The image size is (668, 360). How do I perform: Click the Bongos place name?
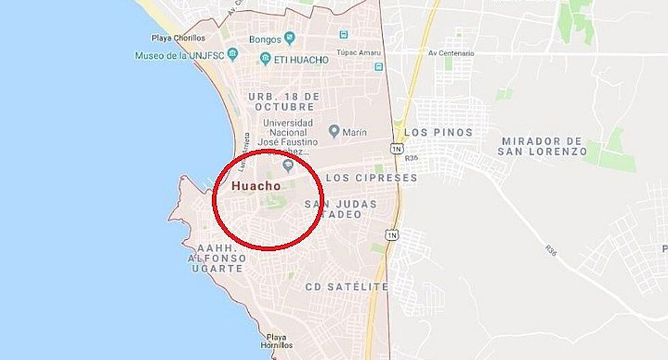point(265,39)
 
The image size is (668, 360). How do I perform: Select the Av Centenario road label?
point(451,52)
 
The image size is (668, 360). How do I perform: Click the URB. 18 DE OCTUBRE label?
point(284,102)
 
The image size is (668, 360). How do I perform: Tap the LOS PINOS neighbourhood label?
point(438,132)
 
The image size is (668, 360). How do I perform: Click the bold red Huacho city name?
point(256,185)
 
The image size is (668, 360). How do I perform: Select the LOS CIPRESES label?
point(371,177)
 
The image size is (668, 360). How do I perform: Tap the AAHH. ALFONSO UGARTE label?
point(215,258)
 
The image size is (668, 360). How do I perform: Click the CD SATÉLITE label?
point(347,286)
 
